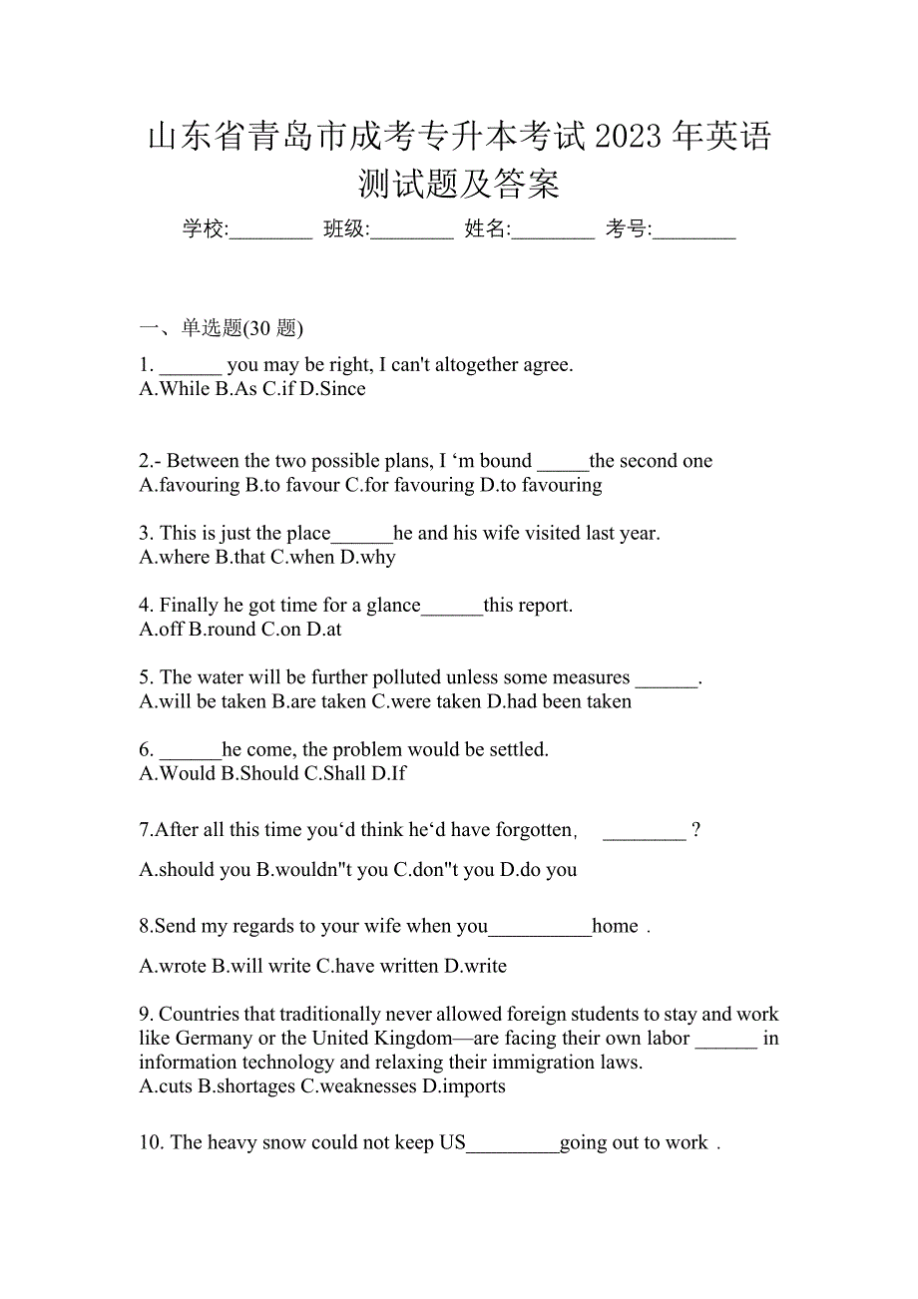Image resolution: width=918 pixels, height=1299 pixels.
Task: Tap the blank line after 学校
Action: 271,231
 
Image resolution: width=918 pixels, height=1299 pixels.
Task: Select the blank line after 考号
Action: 695,231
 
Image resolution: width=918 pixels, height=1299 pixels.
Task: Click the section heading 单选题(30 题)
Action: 242,327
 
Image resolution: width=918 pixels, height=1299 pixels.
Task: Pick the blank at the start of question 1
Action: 191,366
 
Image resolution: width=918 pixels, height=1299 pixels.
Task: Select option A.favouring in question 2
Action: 190,485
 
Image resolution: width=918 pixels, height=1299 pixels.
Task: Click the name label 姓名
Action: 486,229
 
